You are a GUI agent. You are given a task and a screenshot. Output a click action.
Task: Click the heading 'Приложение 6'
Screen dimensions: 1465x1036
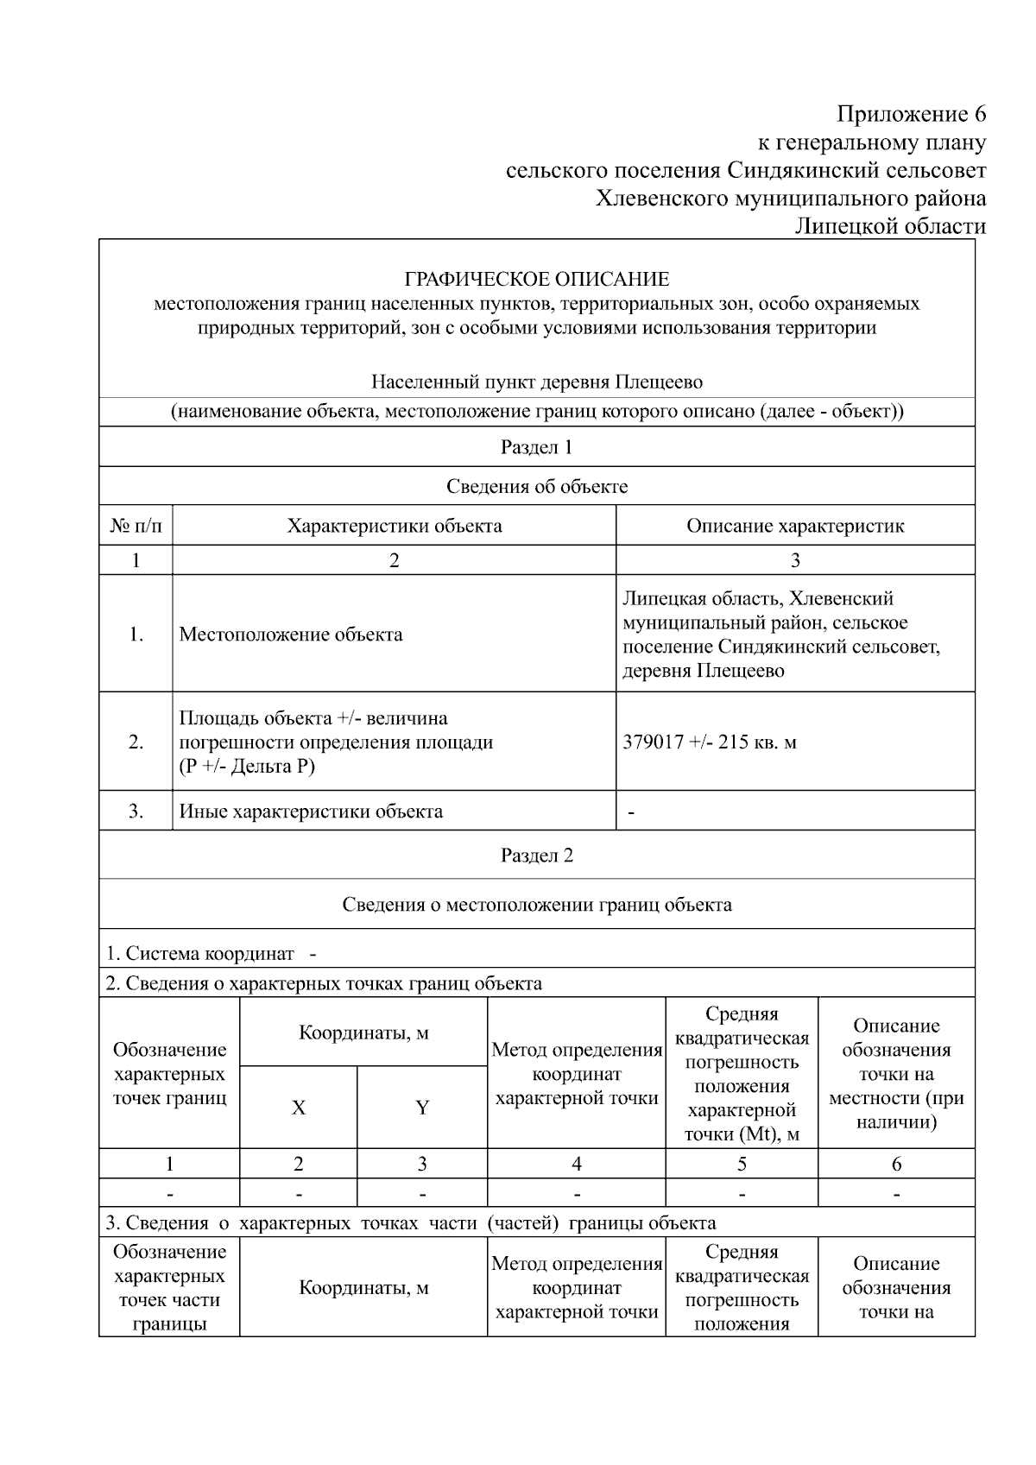tap(911, 115)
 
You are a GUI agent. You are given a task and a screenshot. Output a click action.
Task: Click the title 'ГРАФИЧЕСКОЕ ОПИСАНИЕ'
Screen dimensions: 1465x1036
tap(536, 280)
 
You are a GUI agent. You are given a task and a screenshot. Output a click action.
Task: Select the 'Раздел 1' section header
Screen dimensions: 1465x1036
tap(536, 447)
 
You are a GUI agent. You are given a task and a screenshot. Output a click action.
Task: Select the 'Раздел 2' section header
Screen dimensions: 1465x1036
tap(536, 856)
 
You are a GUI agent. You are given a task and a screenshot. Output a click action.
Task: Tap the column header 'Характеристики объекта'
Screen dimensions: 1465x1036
tap(394, 526)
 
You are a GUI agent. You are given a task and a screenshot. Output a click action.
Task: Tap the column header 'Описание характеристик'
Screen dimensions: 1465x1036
tap(794, 526)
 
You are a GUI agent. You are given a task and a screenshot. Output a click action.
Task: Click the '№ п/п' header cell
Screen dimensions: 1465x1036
tap(136, 526)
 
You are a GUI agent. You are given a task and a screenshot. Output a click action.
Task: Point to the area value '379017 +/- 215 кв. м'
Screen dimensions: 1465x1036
tap(709, 742)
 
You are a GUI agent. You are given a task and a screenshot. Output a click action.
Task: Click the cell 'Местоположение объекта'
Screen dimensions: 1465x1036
tap(290, 635)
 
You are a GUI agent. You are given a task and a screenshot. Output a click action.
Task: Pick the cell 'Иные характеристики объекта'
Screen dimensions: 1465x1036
tap(311, 811)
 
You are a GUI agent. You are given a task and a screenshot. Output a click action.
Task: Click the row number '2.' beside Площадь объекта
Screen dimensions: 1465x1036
tap(136, 742)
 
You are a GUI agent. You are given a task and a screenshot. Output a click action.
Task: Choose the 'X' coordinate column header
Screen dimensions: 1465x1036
tap(298, 1108)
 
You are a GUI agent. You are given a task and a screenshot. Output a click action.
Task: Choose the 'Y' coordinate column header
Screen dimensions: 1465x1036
tap(422, 1108)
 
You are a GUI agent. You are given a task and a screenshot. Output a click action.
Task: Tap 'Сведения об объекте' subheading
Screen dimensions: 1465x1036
tap(536, 486)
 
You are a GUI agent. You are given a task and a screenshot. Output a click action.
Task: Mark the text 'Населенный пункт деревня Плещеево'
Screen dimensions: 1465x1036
tap(536, 382)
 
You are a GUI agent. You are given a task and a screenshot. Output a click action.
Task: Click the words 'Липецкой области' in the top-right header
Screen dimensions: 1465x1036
tap(889, 226)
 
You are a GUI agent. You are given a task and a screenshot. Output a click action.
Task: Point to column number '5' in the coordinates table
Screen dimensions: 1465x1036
tap(742, 1164)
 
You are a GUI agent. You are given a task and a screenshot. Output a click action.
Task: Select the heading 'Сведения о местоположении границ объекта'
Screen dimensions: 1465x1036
tap(536, 905)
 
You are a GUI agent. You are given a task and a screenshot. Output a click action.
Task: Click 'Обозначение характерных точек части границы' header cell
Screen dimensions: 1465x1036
tap(169, 1287)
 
